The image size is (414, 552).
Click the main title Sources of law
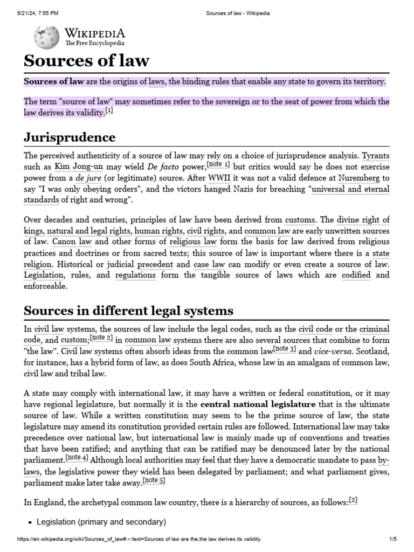click(x=86, y=60)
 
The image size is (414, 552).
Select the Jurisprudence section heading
click(x=70, y=136)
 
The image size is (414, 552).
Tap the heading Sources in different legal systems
click(x=128, y=310)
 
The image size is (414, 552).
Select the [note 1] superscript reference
click(x=218, y=164)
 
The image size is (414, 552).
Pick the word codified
click(x=356, y=275)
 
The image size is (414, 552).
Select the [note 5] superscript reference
click(x=154, y=480)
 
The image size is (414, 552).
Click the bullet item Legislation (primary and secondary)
click(x=101, y=522)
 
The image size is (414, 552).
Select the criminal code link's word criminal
click(x=374, y=329)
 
